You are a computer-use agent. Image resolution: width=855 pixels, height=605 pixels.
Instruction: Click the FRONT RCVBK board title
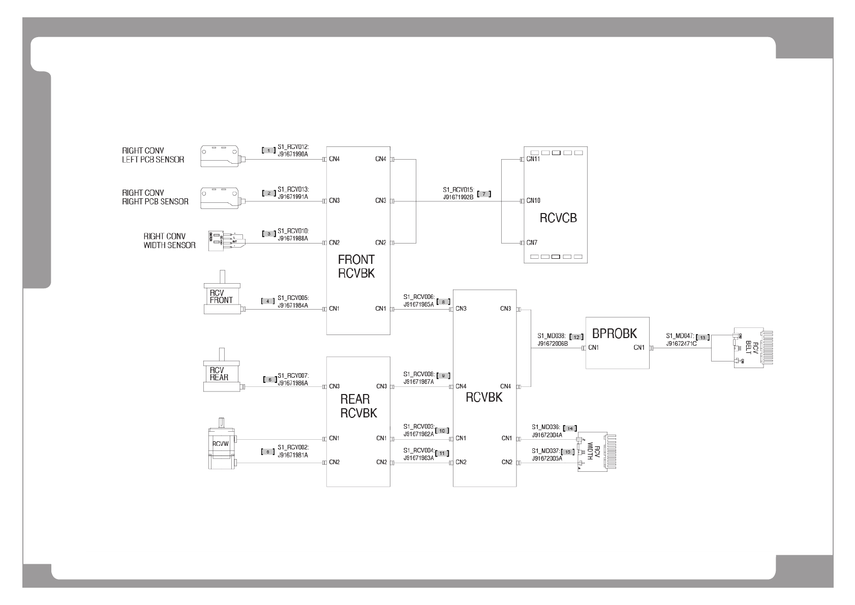click(356, 266)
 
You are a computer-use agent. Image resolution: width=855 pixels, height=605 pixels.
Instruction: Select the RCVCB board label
click(558, 218)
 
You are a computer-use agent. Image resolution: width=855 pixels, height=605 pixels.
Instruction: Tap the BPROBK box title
click(614, 334)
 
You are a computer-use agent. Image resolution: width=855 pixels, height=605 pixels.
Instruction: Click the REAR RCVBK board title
click(358, 406)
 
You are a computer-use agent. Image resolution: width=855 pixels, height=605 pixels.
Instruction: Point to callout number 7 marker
click(484, 194)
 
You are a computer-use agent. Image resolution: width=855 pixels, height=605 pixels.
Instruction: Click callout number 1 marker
click(268, 150)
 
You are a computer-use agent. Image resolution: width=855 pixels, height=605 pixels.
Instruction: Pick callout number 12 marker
click(576, 337)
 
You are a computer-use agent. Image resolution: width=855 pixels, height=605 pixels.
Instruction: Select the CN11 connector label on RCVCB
click(533, 159)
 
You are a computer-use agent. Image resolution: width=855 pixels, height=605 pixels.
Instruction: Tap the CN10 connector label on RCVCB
click(533, 200)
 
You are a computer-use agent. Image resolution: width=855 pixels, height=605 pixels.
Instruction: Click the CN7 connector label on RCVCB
click(532, 243)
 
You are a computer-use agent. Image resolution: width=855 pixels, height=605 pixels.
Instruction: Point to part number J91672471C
click(681, 344)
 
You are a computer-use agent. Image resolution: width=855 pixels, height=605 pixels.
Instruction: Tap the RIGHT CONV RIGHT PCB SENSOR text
click(155, 197)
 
